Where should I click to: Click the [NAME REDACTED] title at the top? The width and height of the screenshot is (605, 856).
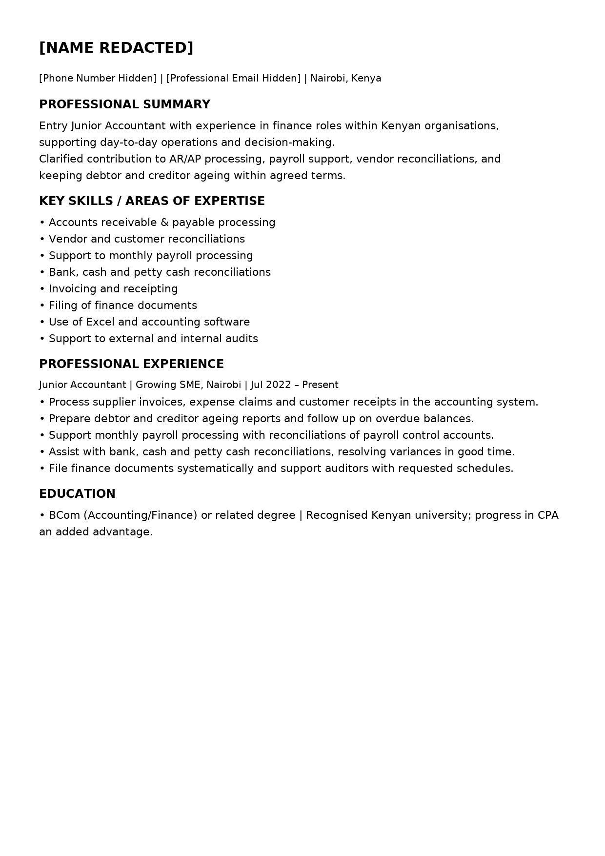116,48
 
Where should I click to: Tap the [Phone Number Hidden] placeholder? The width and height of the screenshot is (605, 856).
98,79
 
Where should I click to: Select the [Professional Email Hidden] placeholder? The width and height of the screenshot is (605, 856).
233,79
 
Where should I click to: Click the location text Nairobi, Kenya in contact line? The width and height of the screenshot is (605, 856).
345,79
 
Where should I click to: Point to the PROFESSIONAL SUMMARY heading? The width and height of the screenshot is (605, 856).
124,104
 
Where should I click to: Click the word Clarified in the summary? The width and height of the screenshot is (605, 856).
61,159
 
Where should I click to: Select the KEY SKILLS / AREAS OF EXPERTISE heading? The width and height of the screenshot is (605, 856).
152,201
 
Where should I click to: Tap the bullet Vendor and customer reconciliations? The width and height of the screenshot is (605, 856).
146,239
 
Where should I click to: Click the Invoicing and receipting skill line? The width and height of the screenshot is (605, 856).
113,289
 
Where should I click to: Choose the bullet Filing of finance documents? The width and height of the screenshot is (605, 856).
122,306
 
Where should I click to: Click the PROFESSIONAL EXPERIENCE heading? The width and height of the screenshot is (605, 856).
131,364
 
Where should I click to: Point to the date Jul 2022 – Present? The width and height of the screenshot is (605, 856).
294,385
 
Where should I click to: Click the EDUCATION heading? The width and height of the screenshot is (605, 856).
77,494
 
